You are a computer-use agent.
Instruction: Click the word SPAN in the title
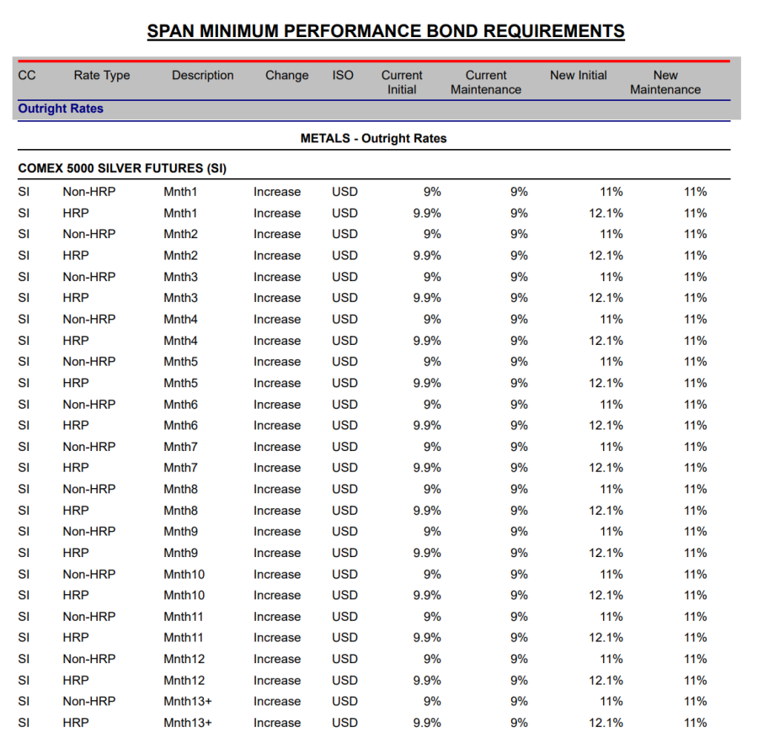tap(173, 32)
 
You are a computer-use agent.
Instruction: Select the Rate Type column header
tap(102, 75)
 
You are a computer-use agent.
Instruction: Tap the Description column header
tap(203, 75)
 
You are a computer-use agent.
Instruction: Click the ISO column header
tap(343, 75)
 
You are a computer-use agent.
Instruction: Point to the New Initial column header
tap(579, 75)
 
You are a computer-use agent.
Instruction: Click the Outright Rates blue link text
tap(61, 109)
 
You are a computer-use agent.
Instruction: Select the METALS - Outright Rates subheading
tap(373, 138)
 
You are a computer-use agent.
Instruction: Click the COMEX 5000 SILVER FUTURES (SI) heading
tap(122, 168)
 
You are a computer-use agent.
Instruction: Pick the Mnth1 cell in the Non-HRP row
tap(180, 192)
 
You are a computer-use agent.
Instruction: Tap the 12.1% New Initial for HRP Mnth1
tap(606, 213)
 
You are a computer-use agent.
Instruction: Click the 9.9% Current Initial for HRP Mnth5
tap(427, 383)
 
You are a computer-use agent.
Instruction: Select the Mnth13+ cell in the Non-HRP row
tap(188, 701)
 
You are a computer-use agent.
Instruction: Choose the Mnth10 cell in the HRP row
tap(184, 595)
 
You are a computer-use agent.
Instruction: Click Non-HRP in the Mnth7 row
tap(89, 447)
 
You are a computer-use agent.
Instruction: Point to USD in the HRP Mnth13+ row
tap(345, 722)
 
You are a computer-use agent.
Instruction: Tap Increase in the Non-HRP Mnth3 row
tap(277, 277)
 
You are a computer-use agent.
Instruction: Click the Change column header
tap(286, 75)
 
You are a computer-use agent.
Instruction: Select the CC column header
tap(27, 75)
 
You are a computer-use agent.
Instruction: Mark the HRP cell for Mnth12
tap(76, 680)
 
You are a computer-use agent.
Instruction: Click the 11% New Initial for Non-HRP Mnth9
tap(611, 531)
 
